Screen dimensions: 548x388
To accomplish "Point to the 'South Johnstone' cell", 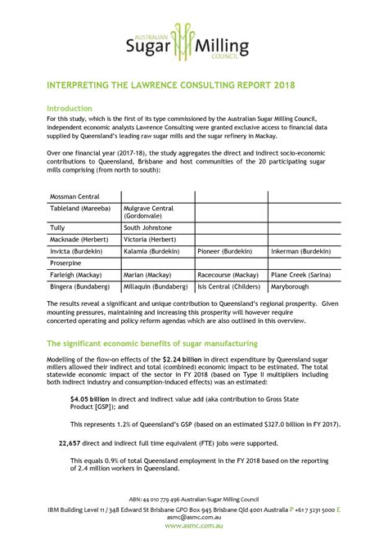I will coord(147,227).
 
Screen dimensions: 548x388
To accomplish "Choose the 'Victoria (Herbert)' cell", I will coord(151,240).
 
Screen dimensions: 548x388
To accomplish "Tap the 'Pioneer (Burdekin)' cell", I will coord(227,252).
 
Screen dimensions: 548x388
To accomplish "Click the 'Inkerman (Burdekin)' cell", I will coord(301,252).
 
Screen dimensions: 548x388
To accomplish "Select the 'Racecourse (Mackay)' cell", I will coord(228,276).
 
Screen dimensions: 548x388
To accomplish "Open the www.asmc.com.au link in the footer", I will coord(193,526).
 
